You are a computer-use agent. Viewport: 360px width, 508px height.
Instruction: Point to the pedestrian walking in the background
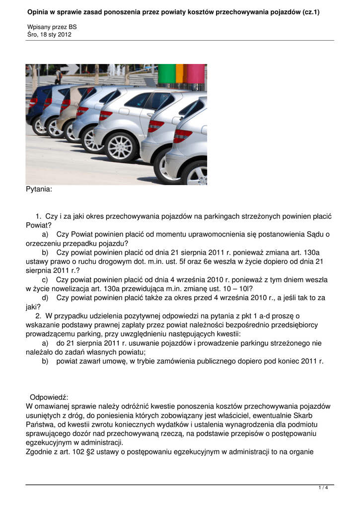tap(59, 75)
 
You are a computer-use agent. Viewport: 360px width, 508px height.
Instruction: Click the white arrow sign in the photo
tap(69, 68)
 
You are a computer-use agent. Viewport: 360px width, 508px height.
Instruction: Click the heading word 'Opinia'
tap(38, 11)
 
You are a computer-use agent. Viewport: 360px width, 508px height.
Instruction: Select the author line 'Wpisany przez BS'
tap(52, 26)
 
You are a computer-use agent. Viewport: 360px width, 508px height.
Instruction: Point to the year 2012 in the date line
tap(65, 34)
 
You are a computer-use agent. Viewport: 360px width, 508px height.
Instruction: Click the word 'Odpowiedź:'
tap(49, 397)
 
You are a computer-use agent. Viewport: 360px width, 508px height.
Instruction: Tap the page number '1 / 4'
tap(323, 488)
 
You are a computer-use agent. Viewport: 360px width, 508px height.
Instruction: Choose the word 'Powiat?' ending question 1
tap(38, 225)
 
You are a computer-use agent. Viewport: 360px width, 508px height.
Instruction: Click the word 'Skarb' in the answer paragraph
tap(320, 415)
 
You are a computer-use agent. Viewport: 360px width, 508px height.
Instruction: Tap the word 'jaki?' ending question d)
tap(33, 307)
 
